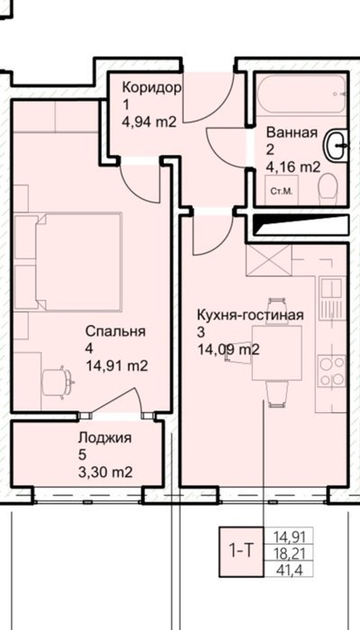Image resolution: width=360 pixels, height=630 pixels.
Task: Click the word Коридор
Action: pyautogui.click(x=152, y=88)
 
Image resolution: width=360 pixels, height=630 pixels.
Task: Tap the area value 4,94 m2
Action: pyautogui.click(x=149, y=121)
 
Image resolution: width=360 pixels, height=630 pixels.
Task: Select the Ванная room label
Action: pyautogui.click(x=292, y=132)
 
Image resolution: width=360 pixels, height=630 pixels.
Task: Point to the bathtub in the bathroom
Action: pyautogui.click(x=301, y=94)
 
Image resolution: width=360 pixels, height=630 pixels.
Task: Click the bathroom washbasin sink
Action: pyautogui.click(x=337, y=146)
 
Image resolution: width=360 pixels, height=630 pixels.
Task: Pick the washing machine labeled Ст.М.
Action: pyautogui.click(x=281, y=190)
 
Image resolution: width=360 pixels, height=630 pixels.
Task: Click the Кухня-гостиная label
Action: pyautogui.click(x=250, y=315)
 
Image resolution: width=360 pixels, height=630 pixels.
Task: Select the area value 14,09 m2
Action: pyautogui.click(x=228, y=349)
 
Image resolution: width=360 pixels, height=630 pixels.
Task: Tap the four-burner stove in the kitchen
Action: pyautogui.click(x=331, y=371)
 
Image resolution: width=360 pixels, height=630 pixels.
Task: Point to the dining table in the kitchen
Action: pyautogui.click(x=277, y=353)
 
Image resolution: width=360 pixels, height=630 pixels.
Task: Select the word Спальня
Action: pyautogui.click(x=115, y=331)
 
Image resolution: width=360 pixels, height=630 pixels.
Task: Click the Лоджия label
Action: pyautogui.click(x=105, y=437)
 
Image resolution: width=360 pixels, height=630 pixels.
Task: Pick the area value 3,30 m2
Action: pyautogui.click(x=105, y=472)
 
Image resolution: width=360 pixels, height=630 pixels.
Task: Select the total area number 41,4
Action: pyautogui.click(x=288, y=570)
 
